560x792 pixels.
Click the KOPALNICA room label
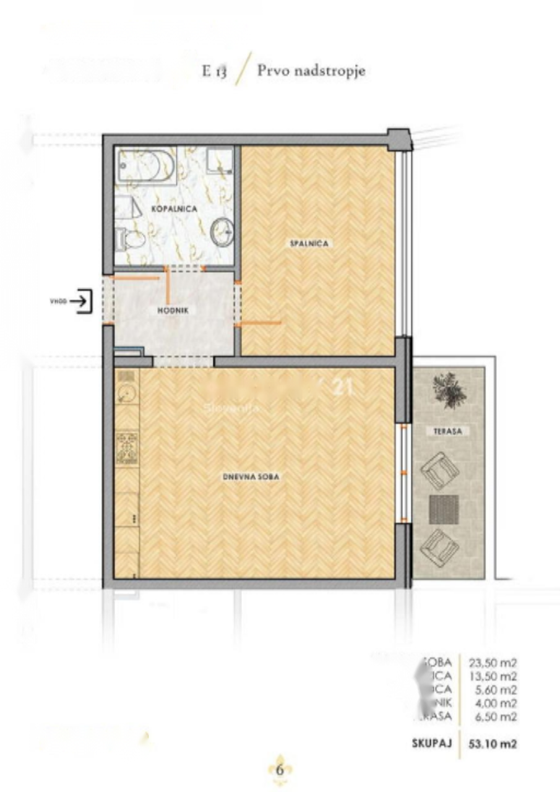[x=174, y=209]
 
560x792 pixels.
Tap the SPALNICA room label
[x=310, y=244]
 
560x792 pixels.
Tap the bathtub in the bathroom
[x=146, y=164]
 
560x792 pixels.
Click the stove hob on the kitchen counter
[x=127, y=447]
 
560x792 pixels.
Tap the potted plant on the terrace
[x=449, y=390]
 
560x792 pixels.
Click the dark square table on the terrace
[x=444, y=509]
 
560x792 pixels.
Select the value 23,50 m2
[x=493, y=662]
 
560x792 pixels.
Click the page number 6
[x=280, y=770]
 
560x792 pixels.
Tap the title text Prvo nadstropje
[x=311, y=71]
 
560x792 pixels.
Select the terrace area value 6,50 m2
[x=493, y=717]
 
